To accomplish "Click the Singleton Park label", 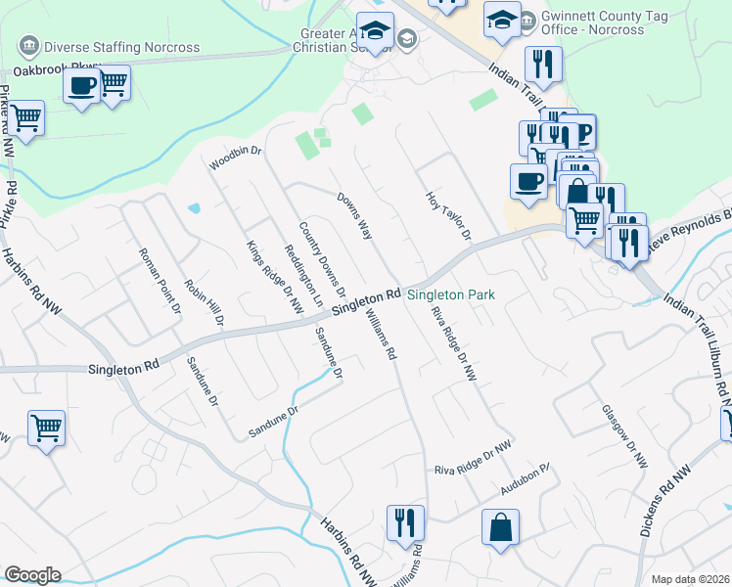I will click(451, 294).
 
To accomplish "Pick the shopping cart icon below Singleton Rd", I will click(46, 428).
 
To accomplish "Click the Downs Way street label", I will click(355, 214).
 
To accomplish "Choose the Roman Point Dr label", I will click(160, 279).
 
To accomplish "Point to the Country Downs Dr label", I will click(323, 258).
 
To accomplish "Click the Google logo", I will click(32, 575).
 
